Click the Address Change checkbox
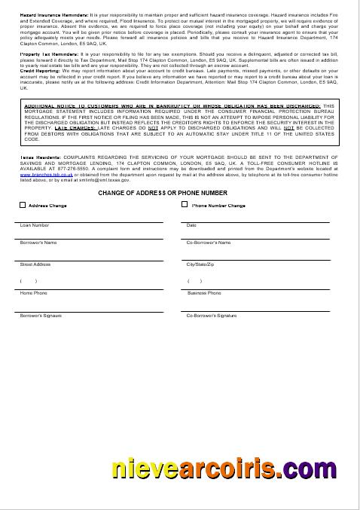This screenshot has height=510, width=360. (23, 205)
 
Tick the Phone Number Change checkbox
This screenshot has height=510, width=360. (185, 204)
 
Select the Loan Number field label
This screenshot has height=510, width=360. (35, 225)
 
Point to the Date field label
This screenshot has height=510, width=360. (191, 225)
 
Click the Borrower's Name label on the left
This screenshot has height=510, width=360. (38, 243)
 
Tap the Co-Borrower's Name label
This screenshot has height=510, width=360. (209, 243)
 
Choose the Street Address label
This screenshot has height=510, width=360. (35, 264)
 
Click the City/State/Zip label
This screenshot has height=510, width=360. (200, 264)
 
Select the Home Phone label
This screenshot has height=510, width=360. (33, 293)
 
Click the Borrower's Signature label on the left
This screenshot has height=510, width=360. (41, 316)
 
